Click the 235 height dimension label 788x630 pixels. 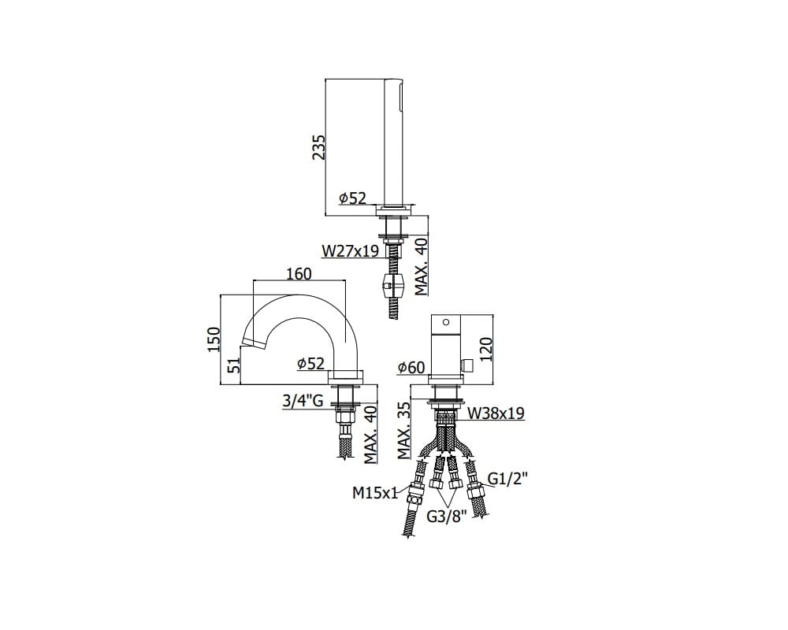(x=319, y=147)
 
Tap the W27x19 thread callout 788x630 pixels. (x=351, y=250)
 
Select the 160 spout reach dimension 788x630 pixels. (x=299, y=274)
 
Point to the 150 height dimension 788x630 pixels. (x=214, y=339)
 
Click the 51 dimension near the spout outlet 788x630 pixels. (x=232, y=366)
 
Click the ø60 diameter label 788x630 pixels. (x=411, y=368)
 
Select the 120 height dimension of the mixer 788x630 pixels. (x=487, y=349)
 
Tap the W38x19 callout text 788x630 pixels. (x=496, y=413)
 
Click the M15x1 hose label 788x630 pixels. (x=375, y=493)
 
